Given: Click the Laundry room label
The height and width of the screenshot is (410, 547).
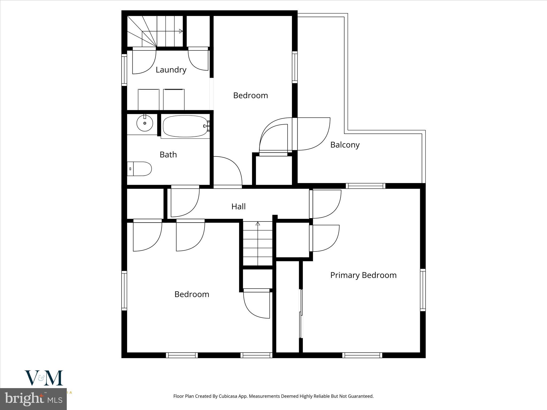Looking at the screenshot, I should click(171, 70).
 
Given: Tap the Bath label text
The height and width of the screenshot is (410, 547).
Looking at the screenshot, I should click(168, 155).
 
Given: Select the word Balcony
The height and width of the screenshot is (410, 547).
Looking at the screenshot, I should click(345, 145).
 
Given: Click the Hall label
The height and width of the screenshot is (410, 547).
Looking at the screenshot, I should click(238, 206).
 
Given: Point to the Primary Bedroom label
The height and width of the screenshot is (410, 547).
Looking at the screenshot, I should click(363, 275).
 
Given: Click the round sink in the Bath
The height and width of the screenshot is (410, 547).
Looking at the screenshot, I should click(144, 123).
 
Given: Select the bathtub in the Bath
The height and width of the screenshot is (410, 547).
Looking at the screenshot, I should click(185, 126).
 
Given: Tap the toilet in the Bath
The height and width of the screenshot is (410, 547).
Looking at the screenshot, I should click(140, 169).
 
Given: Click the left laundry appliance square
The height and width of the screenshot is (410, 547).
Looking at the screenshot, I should click(149, 100).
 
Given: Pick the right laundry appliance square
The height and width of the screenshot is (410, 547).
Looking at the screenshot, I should click(174, 100).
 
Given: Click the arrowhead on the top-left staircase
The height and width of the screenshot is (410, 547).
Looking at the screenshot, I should click(181, 31).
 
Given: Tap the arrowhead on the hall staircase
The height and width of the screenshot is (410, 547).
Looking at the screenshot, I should click(258, 224).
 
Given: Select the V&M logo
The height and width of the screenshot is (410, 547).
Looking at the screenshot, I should click(44, 378).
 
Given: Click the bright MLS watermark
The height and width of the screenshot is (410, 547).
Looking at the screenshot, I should click(33, 399).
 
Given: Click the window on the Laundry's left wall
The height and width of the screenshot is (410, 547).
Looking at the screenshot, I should click(124, 70).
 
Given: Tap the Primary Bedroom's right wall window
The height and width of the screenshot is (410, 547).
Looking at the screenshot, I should click(423, 290).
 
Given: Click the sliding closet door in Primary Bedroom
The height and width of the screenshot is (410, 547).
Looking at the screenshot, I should click(301, 314).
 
